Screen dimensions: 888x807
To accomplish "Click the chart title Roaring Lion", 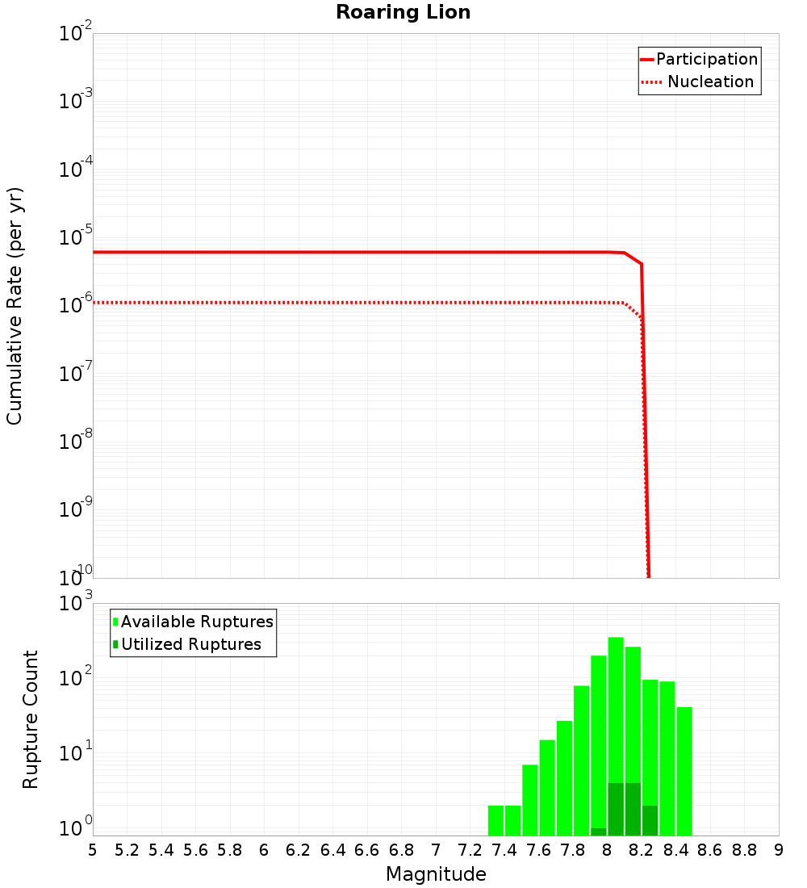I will [403, 12].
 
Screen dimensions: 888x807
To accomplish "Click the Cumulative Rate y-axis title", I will [15, 307].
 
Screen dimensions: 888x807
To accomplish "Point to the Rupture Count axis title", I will [31, 718].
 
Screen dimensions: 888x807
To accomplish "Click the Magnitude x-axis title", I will [436, 874].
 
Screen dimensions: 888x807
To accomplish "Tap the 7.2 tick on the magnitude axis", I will [470, 849].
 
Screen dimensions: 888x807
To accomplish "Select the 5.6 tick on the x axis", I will [195, 849].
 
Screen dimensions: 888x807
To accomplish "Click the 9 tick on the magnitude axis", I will [778, 849].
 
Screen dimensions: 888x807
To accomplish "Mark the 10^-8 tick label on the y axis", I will [77, 442].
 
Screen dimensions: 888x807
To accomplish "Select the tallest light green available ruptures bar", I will [616, 727].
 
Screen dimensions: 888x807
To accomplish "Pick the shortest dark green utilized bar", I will [599, 831].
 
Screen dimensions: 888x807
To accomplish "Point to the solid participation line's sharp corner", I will [641, 263].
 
